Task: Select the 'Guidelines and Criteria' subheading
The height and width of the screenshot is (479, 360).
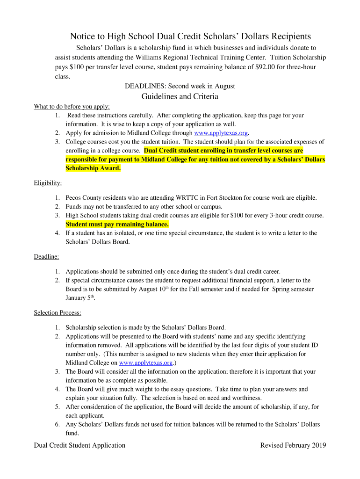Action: click(x=180, y=96)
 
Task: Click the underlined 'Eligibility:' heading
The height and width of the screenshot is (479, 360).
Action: click(x=48, y=183)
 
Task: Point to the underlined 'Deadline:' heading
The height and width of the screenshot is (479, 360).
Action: click(x=46, y=256)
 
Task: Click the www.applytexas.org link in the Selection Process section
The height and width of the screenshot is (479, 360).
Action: click(x=146, y=363)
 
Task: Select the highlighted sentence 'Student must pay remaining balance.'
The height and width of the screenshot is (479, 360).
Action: click(x=117, y=224)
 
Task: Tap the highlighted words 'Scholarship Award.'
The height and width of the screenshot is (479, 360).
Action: click(x=93, y=168)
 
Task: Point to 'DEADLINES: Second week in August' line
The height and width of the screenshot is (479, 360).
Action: click(x=180, y=86)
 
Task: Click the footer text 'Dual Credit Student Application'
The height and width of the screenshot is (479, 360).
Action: click(x=79, y=445)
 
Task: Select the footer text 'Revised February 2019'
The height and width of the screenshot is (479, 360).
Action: click(x=293, y=445)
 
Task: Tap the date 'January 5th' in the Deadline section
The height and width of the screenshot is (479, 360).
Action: click(x=80, y=298)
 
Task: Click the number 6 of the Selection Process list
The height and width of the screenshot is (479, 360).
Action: click(x=57, y=424)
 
